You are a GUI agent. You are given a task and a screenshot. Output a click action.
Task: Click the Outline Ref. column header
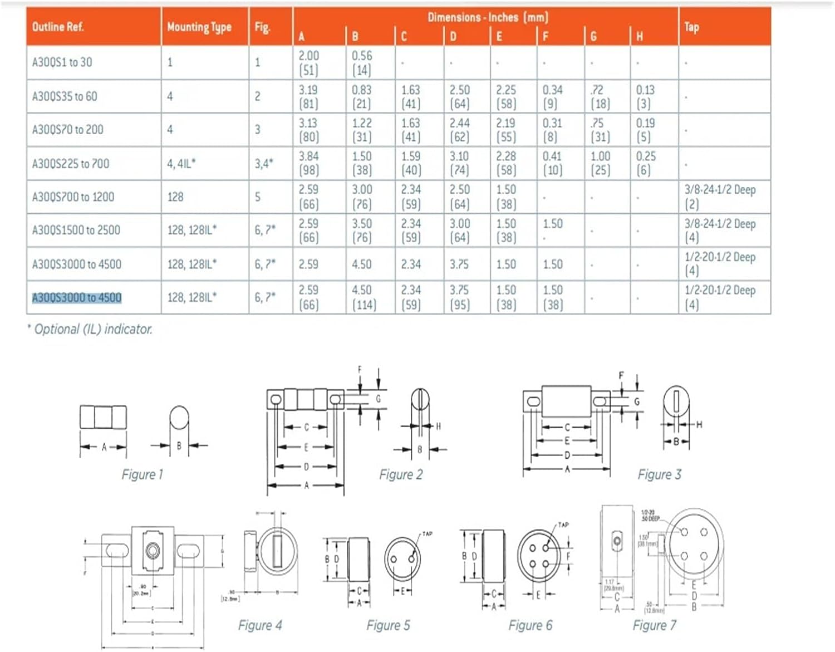coord(58,27)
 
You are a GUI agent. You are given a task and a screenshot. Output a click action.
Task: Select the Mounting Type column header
coord(199,27)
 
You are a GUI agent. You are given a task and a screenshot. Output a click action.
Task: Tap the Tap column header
coord(691,27)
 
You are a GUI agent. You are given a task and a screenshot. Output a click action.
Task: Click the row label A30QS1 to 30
coord(62,62)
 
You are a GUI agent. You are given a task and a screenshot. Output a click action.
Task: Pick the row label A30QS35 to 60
coord(65,96)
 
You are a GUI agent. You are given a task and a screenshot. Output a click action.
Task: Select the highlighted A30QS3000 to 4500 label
coord(77,298)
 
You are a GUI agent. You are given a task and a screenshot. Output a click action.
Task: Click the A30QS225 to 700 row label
coord(71,164)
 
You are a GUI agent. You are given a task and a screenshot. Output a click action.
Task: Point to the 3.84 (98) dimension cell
coord(308,163)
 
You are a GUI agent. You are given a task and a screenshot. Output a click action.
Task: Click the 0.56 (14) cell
coord(362,62)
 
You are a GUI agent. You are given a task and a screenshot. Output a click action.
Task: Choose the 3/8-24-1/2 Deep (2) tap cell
coord(720,197)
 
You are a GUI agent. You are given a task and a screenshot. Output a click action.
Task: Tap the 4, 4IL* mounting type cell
coord(181,164)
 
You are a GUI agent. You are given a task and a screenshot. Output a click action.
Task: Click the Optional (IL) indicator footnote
coord(90,329)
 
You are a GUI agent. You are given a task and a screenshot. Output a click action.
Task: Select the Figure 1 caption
coord(143,474)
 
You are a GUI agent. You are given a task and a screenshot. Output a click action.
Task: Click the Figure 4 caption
coord(260,625)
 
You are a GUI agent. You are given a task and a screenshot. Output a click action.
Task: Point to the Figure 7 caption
coord(655,625)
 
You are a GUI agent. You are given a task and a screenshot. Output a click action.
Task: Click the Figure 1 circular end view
coord(179,418)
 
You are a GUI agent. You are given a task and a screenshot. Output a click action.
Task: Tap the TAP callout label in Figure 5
coord(427,534)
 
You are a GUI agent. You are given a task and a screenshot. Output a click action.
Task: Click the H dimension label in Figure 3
coord(699,424)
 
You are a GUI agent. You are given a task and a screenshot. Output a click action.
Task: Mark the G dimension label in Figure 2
coord(379,399)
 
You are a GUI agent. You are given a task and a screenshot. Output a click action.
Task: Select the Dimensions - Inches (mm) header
coord(488,17)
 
